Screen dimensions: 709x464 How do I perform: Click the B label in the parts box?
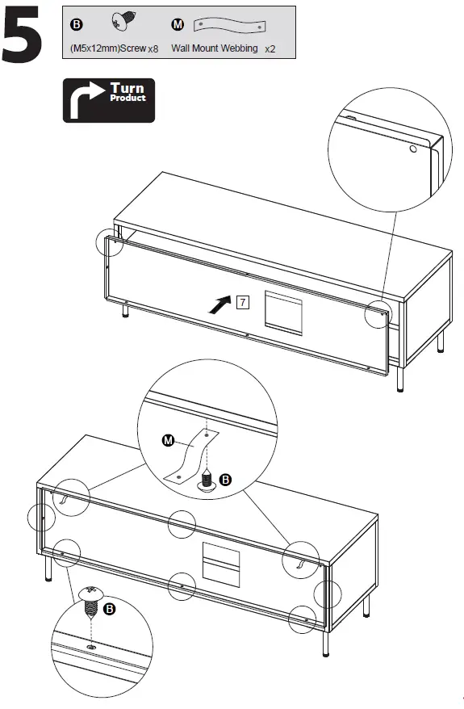77,24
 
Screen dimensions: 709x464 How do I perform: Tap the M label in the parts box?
178,24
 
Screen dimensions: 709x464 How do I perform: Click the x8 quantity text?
153,49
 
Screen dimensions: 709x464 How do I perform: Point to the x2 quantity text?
270,49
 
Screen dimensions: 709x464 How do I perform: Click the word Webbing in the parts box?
238,48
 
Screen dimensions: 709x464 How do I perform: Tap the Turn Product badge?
108,100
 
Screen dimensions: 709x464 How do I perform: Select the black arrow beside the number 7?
219,304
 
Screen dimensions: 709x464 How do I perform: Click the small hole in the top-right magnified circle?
413,149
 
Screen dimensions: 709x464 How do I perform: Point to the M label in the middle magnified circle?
168,440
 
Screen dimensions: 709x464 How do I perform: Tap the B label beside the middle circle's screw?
226,480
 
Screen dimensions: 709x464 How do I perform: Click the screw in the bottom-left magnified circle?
91,599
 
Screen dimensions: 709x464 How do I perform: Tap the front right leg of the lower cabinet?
326,643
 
